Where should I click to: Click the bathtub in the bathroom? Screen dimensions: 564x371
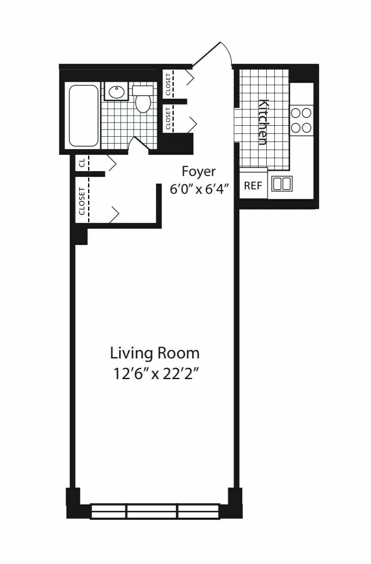tap(84, 116)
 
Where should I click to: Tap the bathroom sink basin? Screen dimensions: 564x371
tap(117, 92)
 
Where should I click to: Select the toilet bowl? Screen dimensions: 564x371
tap(143, 103)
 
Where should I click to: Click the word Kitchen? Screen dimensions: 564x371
tap(263, 122)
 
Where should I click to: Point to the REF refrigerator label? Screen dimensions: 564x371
tap(253, 186)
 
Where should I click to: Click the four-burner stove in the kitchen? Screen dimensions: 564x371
tap(301, 120)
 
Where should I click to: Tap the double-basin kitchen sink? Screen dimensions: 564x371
tap(282, 184)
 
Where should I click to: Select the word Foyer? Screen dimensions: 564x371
tap(198, 172)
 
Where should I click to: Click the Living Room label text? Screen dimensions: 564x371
tap(155, 353)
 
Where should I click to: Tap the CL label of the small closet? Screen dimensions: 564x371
tap(82, 163)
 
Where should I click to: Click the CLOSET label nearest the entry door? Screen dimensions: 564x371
tap(168, 84)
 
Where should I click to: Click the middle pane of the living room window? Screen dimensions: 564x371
tap(152, 511)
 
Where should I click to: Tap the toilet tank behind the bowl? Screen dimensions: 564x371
tap(142, 90)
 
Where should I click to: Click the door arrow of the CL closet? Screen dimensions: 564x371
tap(112, 163)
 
